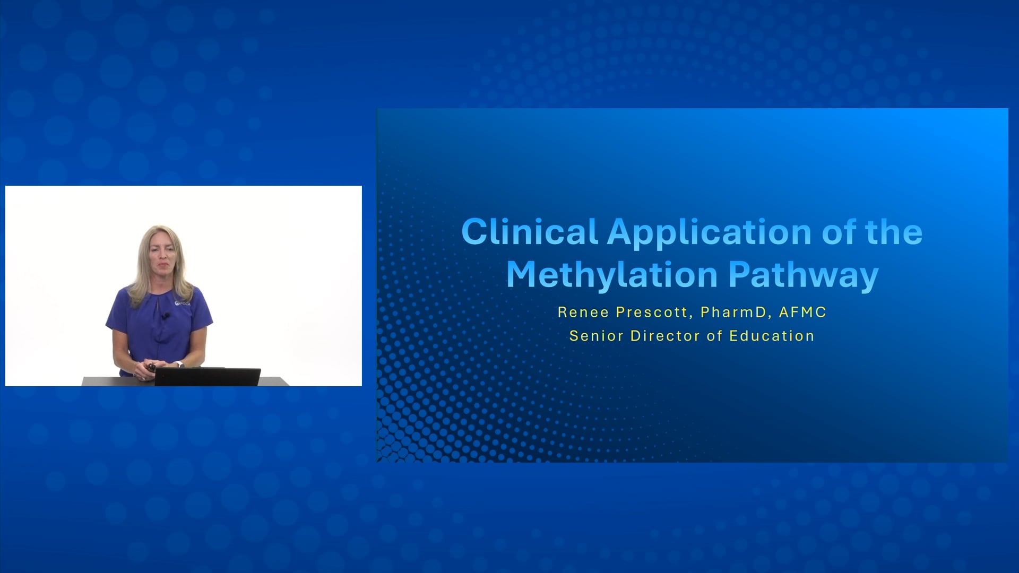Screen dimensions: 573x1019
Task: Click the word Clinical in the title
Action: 530,232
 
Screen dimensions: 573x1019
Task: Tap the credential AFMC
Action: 802,312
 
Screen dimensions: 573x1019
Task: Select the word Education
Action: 772,336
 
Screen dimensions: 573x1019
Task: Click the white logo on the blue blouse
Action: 183,303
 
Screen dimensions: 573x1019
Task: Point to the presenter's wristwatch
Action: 179,364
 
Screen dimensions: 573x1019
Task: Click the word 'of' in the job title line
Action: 714,336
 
